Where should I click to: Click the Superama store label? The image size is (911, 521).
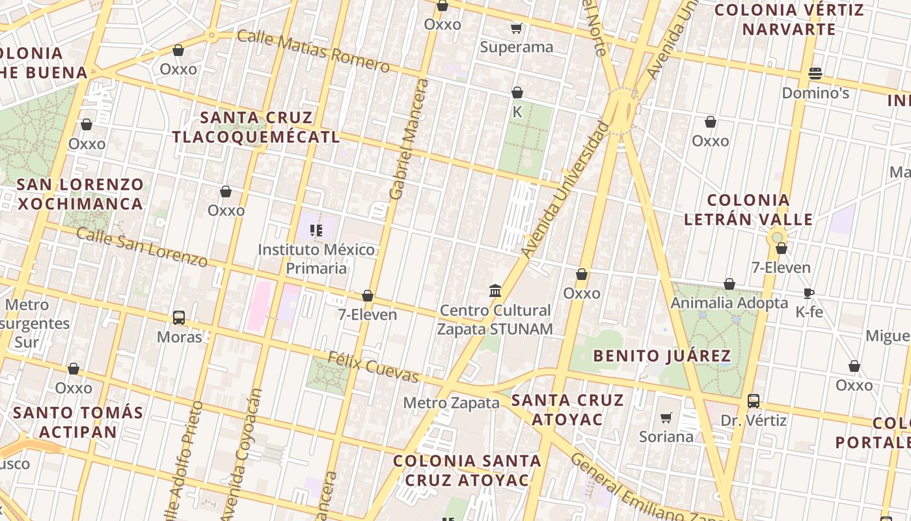(x=517, y=47)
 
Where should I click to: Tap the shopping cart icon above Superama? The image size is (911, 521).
(x=517, y=28)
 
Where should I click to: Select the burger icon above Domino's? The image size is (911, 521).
(x=815, y=74)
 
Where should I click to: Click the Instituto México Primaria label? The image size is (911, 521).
(x=316, y=259)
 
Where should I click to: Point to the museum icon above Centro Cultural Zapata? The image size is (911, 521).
(x=495, y=290)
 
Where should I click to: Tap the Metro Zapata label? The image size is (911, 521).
(x=451, y=403)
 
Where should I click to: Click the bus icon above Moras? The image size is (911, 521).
(x=179, y=318)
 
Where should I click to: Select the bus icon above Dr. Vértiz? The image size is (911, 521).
(x=754, y=401)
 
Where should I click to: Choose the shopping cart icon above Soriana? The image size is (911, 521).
(x=666, y=417)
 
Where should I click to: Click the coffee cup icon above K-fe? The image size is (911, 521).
(x=809, y=293)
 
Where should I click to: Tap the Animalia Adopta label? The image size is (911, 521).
(x=729, y=303)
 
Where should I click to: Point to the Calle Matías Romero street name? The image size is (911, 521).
(x=313, y=50)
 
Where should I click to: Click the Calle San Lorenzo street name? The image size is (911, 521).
(x=142, y=247)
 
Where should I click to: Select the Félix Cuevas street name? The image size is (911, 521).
(x=373, y=367)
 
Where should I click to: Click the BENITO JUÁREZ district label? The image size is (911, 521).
(x=662, y=356)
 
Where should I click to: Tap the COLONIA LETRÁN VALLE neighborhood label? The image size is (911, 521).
(x=748, y=210)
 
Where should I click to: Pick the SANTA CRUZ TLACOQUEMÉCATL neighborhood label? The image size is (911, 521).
(x=256, y=127)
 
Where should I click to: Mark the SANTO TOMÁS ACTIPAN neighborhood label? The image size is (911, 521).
(x=78, y=422)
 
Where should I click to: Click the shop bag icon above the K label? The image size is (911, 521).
(x=517, y=92)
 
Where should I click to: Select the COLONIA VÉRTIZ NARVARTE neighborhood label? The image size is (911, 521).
(x=789, y=20)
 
